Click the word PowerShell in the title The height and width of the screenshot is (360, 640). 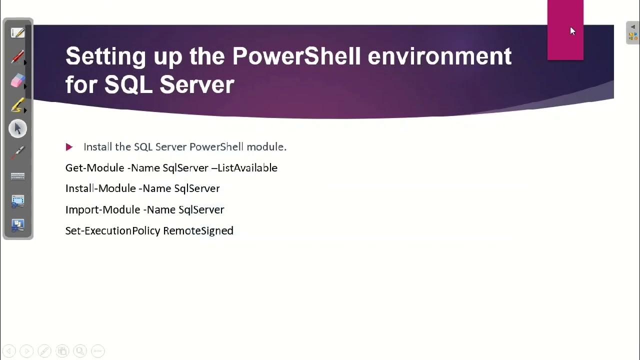296,56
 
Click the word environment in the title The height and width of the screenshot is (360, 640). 439,56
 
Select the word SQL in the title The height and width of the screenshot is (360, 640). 128,84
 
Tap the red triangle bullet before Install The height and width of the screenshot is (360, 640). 69,147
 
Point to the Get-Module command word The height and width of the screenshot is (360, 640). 94,168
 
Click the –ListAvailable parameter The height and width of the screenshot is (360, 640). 244,168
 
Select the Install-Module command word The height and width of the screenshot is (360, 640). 101,188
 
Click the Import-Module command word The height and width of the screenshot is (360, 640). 102,209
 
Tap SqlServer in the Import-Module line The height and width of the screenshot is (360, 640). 201,209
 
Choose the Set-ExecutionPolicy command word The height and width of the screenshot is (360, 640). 112,230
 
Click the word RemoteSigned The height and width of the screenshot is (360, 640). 198,230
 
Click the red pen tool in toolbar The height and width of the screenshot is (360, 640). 17,57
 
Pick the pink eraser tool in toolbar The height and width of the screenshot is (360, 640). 17,81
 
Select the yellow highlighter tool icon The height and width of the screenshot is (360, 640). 17,105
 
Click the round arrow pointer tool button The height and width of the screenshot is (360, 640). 17,129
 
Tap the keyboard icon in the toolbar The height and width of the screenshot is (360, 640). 17,176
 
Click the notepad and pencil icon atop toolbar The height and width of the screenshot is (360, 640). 17,33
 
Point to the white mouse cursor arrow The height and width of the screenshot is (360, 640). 572,31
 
